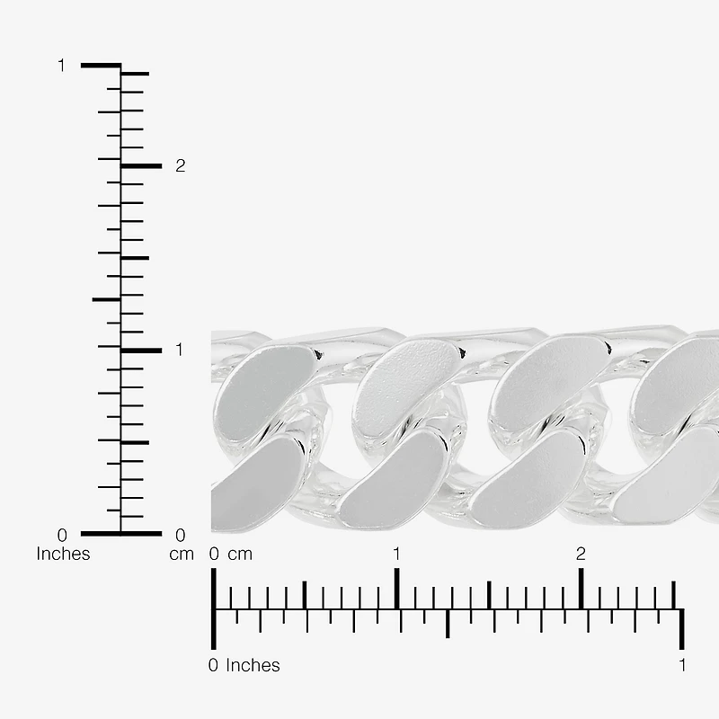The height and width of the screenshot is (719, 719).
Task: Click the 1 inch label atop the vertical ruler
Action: pyautogui.click(x=61, y=66)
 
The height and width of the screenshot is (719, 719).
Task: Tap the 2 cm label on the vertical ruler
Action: pyautogui.click(x=181, y=165)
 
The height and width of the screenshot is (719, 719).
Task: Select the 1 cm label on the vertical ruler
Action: pyautogui.click(x=179, y=350)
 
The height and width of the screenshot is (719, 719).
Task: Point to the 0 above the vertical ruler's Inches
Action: pyautogui.click(x=62, y=535)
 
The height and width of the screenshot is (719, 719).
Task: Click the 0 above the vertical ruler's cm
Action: pyautogui.click(x=181, y=535)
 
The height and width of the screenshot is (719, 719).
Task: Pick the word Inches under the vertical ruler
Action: pyautogui.click(x=63, y=554)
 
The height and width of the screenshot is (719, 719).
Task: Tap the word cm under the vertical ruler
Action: pyautogui.click(x=182, y=555)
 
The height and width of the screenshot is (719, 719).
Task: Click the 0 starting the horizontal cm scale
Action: pyautogui.click(x=214, y=554)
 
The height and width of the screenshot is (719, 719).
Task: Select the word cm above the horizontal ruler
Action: pyautogui.click(x=240, y=555)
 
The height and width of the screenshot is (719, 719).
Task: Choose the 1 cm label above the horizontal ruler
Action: pyautogui.click(x=396, y=554)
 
